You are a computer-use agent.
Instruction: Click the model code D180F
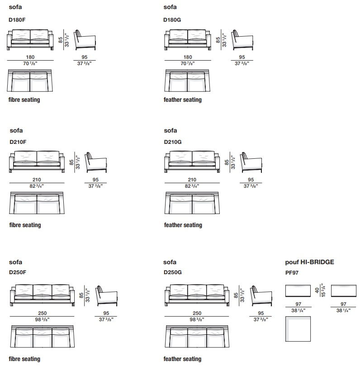click(x=17, y=20)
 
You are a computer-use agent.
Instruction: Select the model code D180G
click(x=172, y=20)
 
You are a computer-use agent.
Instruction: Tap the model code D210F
click(x=18, y=142)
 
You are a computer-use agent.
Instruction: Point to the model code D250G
click(x=173, y=272)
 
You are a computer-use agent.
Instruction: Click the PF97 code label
click(x=292, y=273)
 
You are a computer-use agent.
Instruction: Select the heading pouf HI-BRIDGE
click(x=309, y=262)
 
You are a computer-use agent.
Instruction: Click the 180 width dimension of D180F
click(x=30, y=57)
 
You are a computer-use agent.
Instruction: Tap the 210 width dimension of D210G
click(x=192, y=180)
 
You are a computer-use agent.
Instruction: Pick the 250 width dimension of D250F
click(x=42, y=313)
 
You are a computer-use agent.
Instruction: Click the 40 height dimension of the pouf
click(x=317, y=290)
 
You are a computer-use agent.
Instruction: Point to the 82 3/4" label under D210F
click(x=37, y=186)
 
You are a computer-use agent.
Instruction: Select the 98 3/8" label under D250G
click(x=197, y=319)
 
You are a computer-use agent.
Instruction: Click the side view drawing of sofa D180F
click(x=85, y=40)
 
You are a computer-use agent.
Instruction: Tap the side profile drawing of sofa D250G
click(x=261, y=296)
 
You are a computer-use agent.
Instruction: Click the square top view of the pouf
click(x=298, y=329)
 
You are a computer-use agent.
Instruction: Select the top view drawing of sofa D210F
click(x=37, y=203)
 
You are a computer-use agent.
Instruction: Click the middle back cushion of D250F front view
click(x=42, y=290)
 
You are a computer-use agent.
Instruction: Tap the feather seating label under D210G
click(x=183, y=225)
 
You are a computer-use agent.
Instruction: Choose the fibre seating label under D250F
click(x=24, y=359)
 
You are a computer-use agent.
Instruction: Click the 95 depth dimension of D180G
click(x=242, y=57)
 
